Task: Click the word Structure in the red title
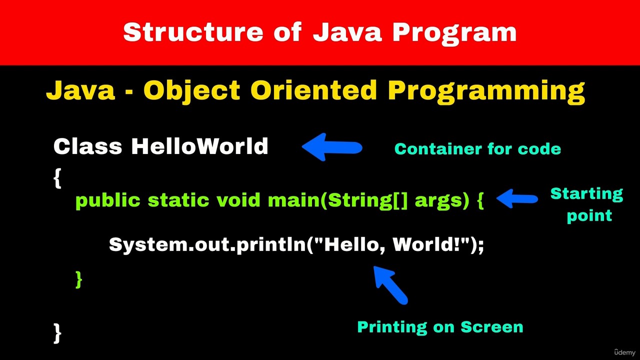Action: tap(193, 32)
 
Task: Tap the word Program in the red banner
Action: tap(455, 33)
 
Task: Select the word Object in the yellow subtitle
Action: tap(191, 91)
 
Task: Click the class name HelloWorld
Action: tap(199, 146)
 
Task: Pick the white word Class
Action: tap(87, 146)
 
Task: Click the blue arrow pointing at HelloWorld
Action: tap(332, 147)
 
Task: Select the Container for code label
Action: tap(477, 149)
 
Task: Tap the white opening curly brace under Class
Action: tap(57, 178)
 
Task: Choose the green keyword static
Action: tap(178, 200)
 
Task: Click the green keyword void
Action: tap(238, 200)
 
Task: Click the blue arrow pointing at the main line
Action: tap(517, 198)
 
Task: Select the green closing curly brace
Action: tap(79, 279)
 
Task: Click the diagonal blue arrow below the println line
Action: tap(390, 285)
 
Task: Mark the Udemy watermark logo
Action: tap(624, 352)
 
